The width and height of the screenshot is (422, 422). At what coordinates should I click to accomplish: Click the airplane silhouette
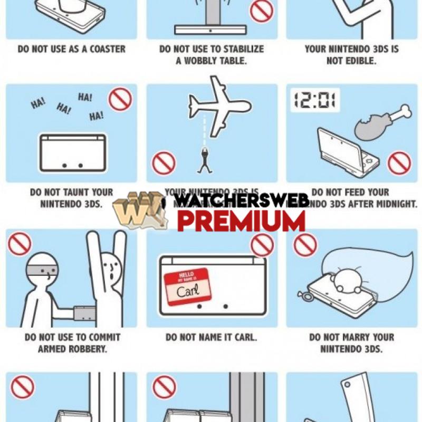pyautogui.click(x=219, y=105)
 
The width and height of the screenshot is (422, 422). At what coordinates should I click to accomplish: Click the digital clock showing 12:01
pyautogui.click(x=315, y=100)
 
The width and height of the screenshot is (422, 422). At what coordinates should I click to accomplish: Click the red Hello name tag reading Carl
pyautogui.click(x=187, y=287)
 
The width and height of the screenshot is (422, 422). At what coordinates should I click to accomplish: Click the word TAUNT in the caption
pyautogui.click(x=79, y=193)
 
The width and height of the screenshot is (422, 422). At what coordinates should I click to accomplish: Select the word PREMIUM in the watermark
pyautogui.click(x=241, y=221)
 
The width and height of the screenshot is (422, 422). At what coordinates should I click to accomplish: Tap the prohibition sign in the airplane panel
pyautogui.click(x=164, y=163)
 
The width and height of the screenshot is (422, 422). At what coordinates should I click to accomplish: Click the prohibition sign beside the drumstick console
pyautogui.click(x=399, y=163)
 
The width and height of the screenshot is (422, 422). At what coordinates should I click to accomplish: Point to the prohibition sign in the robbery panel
pyautogui.click(x=20, y=243)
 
